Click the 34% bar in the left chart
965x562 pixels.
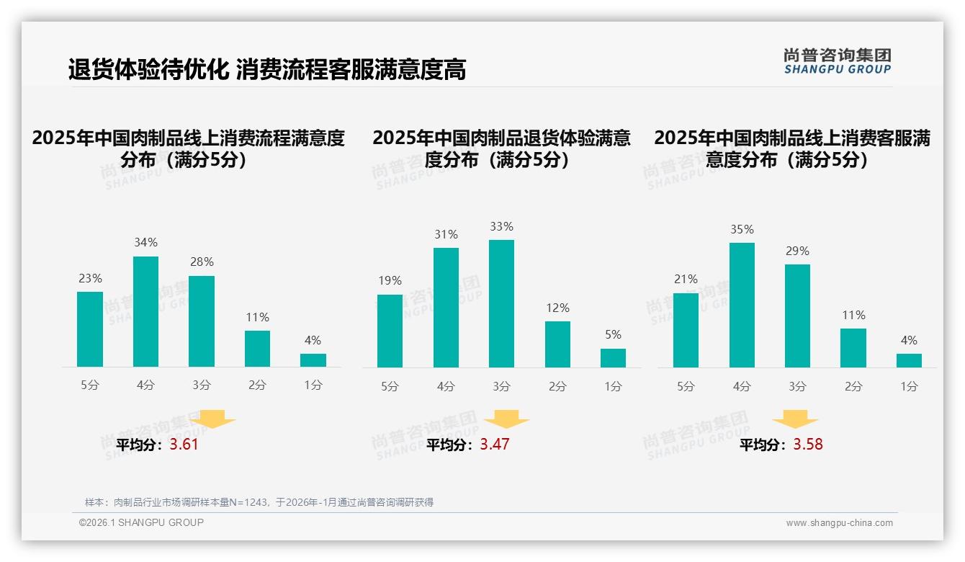145,311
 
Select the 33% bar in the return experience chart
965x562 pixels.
501,303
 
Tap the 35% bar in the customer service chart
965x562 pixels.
742,305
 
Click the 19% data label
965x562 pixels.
390,281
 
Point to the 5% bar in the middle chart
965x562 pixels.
613,358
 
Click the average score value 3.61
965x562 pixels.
184,445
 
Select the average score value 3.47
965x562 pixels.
495,445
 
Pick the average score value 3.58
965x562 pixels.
808,445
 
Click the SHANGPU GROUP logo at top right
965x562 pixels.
837,61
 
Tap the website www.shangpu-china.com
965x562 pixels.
839,523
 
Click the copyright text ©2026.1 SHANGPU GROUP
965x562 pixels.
141,522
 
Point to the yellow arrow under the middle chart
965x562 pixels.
506,419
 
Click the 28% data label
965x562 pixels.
202,262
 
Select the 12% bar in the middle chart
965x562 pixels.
557,344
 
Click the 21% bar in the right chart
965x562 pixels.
686,330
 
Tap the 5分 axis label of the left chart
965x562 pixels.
90,385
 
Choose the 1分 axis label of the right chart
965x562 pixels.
909,386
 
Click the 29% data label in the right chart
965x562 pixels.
797,251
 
